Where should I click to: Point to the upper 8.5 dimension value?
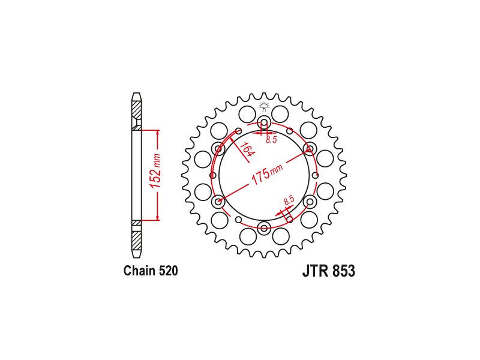pos(271,140)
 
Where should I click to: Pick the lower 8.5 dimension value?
pos(289,200)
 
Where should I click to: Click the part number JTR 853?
pos(329,271)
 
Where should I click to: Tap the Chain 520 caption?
pos(151,271)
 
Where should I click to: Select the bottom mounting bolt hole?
pos(264,228)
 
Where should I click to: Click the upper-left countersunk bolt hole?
pos(218,149)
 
